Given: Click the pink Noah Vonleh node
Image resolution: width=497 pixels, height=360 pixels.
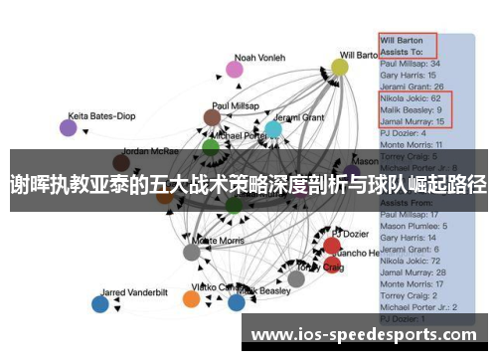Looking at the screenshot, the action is coord(234,70).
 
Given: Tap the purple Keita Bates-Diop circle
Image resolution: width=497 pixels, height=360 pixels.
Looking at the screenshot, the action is coord(68,127).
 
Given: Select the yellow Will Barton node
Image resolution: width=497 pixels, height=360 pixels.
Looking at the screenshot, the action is coord(340,68).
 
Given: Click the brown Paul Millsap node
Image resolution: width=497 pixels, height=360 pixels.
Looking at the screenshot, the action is coord(212,118).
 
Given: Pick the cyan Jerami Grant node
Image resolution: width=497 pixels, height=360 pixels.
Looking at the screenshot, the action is coord(273,129).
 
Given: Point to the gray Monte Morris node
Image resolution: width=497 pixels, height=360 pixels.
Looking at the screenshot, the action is coord(191,252).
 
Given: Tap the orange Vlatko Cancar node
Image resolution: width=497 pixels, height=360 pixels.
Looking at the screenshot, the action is coord(193,299).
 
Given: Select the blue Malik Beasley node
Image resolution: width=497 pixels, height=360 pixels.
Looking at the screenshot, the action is coord(237,301).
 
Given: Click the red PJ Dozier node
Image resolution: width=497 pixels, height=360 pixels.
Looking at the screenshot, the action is coord(331,245).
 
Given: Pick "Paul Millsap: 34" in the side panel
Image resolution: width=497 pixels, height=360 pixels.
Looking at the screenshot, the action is coord(410,64).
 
